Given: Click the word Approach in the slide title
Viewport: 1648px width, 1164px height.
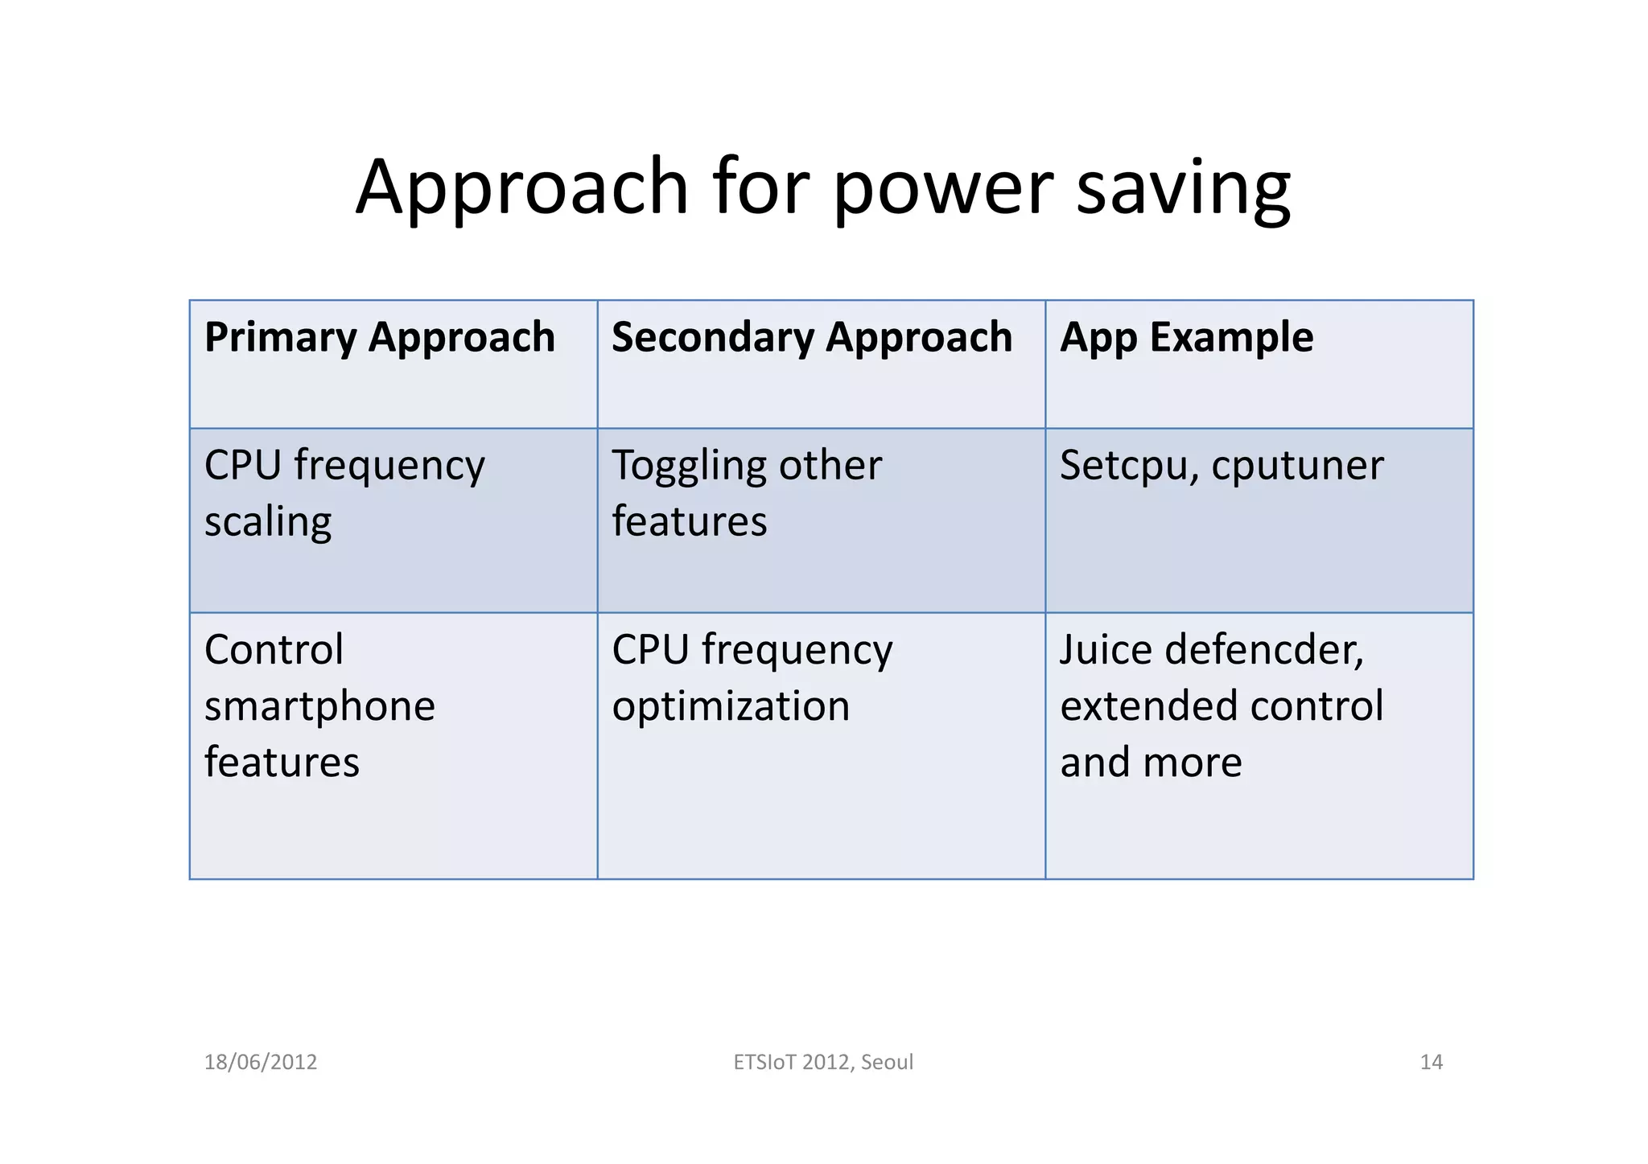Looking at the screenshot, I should [x=521, y=187].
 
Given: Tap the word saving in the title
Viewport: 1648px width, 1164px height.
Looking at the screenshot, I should [x=1182, y=187].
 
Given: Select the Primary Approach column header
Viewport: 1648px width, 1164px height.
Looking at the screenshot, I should [x=380, y=337].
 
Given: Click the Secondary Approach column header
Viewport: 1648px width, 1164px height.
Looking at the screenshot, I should [x=811, y=337].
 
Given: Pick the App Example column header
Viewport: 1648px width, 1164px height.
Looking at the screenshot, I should [x=1186, y=337].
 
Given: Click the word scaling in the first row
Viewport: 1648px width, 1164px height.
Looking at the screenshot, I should [x=268, y=522].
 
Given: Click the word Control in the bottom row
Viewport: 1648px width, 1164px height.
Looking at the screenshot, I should [x=274, y=649].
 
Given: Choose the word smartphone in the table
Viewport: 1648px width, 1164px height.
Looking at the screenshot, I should [x=319, y=706].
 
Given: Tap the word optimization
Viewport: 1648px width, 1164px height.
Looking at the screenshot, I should [x=731, y=706].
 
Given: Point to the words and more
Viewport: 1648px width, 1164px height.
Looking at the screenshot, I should [x=1151, y=762].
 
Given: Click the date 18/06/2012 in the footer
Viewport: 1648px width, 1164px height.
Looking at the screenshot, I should [x=261, y=1062].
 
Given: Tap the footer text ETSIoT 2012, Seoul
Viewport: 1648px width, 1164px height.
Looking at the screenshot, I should [x=823, y=1062].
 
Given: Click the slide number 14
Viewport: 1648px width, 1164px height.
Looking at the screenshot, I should [x=1431, y=1062].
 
